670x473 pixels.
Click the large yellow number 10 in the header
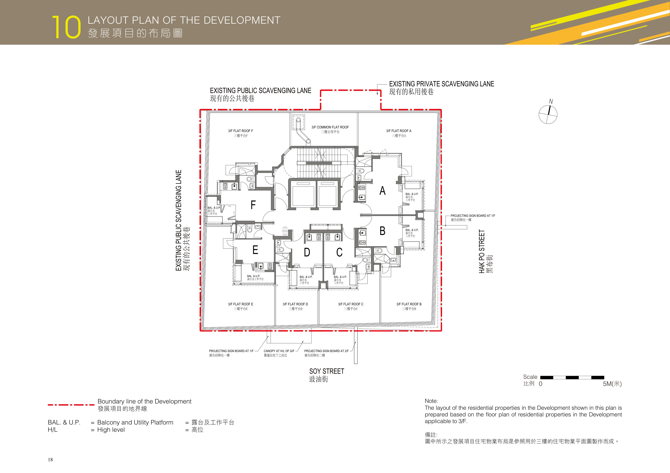pyautogui.click(x=66, y=27)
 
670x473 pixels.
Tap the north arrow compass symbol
pyautogui.click(x=548, y=114)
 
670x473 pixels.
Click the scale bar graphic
pyautogui.click(x=572, y=377)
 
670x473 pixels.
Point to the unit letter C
pyautogui.click(x=339, y=252)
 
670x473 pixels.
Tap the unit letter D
pyautogui.click(x=307, y=252)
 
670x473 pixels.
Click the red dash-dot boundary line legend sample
pyautogui.click(x=71, y=405)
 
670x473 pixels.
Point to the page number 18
pyautogui.click(x=50, y=460)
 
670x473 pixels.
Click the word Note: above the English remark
pyautogui.click(x=431, y=401)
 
